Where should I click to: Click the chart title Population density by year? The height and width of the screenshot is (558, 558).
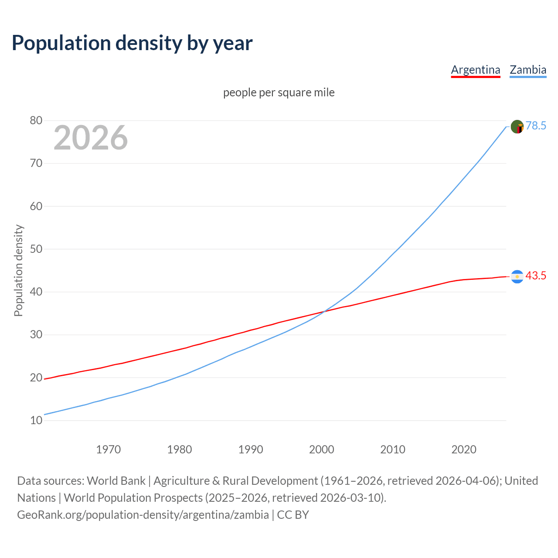(132, 43)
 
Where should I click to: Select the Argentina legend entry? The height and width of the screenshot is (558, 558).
(475, 70)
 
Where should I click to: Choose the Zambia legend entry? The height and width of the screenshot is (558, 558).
(528, 70)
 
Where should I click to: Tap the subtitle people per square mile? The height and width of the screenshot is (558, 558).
(279, 92)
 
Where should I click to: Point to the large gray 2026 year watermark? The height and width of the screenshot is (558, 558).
(91, 138)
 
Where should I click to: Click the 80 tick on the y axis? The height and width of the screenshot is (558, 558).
(36, 121)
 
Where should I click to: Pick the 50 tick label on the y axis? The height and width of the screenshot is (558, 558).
(36, 249)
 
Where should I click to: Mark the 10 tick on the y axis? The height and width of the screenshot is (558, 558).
(36, 421)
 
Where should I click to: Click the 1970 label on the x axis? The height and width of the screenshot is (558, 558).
(108, 449)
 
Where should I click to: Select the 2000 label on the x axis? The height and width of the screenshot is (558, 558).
(321, 449)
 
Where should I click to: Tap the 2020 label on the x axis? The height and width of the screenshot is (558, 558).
(463, 449)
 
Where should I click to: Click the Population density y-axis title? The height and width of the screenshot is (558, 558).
(18, 270)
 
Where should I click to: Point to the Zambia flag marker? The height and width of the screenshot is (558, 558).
(517, 127)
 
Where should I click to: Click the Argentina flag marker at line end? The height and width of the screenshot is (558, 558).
(517, 276)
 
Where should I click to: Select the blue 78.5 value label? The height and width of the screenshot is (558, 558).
(536, 126)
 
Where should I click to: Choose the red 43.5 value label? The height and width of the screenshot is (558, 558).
(536, 276)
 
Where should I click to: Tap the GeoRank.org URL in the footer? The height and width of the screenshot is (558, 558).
(143, 515)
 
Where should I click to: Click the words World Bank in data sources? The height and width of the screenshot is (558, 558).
(116, 481)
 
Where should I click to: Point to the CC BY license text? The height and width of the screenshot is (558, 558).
(293, 515)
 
